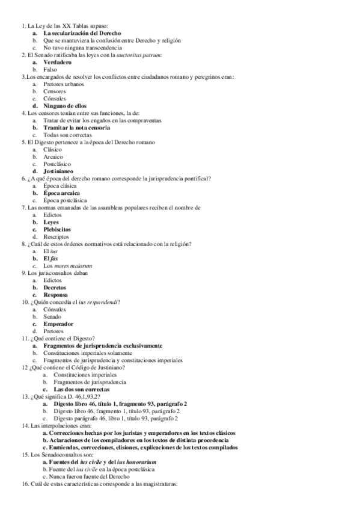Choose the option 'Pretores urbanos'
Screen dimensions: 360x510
click(64, 84)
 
